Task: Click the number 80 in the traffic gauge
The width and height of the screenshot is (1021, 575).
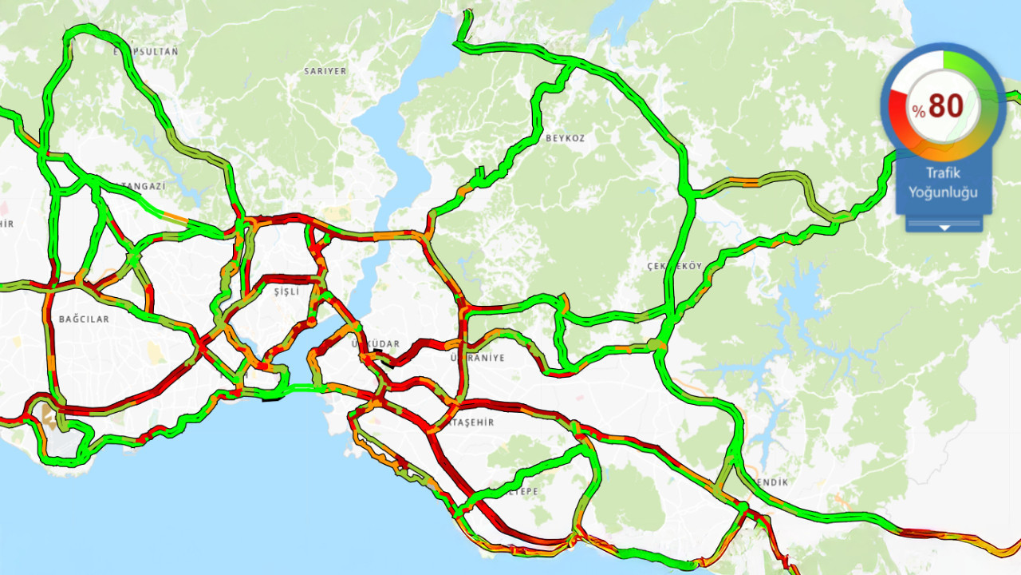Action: coord(947,105)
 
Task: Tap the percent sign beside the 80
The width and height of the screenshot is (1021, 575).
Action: coord(920,112)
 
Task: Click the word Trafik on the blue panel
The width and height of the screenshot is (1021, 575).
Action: coord(944,172)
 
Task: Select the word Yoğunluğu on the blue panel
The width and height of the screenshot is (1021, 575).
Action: coord(944,192)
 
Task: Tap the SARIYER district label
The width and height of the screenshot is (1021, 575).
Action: coord(325,71)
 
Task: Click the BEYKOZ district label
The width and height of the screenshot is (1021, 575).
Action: coord(565,138)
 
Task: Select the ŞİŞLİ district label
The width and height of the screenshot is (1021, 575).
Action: coord(286,292)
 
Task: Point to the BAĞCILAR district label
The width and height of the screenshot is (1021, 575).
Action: coord(84,319)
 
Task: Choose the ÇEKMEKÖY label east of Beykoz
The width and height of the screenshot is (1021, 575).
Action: coord(675,266)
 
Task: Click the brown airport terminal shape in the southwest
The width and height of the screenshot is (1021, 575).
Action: coord(49,418)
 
